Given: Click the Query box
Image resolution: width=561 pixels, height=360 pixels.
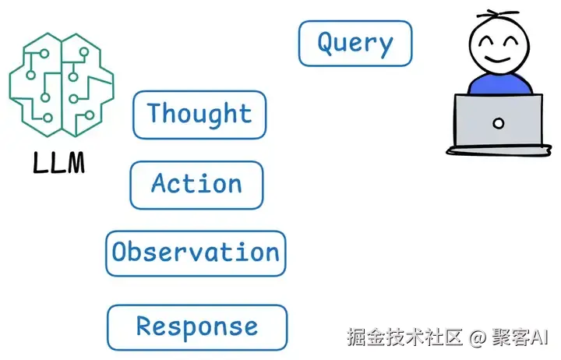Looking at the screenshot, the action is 355,44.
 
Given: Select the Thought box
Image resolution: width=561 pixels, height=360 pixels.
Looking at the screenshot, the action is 199,115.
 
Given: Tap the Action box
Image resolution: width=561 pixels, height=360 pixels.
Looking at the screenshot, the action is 197,185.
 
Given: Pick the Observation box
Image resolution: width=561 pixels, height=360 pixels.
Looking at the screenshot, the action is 196,253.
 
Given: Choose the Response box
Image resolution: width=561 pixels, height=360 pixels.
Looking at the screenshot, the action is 197,327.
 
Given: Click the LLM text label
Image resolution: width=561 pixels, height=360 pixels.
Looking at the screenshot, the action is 59,163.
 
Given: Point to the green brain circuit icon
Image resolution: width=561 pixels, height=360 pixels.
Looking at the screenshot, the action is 62,85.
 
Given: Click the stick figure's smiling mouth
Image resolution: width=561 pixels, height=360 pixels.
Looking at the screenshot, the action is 499,58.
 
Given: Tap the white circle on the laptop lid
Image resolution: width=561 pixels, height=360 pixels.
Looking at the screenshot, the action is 499,123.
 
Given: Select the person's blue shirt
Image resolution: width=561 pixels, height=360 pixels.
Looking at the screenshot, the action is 499,83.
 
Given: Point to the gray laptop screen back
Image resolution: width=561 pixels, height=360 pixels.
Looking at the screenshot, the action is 499,120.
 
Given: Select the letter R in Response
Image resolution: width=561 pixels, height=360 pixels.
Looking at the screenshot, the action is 145,325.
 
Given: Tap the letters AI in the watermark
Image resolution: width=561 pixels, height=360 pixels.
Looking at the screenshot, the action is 538,337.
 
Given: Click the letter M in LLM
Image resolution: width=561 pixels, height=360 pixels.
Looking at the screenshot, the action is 76,163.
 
